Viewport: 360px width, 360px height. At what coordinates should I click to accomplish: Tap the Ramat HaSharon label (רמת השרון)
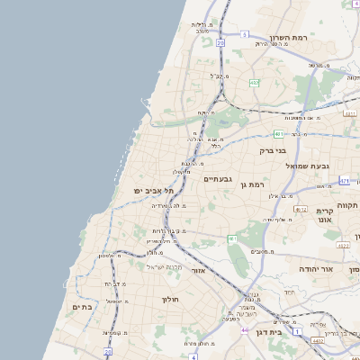tap(290, 40)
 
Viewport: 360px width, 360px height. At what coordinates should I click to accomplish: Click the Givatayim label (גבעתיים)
tap(219, 179)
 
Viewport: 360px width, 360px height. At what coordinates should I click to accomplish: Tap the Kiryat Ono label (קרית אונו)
tap(325, 215)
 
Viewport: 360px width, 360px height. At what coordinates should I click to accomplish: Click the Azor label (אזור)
tap(199, 270)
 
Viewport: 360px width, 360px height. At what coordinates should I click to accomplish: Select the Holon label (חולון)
tap(171, 299)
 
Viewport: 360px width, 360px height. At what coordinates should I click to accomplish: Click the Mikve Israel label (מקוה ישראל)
tap(164, 267)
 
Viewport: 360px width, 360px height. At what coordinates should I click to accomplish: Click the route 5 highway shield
tap(243, 34)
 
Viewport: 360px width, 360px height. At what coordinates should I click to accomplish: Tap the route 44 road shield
tap(244, 331)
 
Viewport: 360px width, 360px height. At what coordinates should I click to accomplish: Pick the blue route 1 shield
tap(297, 331)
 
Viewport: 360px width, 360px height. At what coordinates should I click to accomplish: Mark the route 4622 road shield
tap(350, 112)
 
